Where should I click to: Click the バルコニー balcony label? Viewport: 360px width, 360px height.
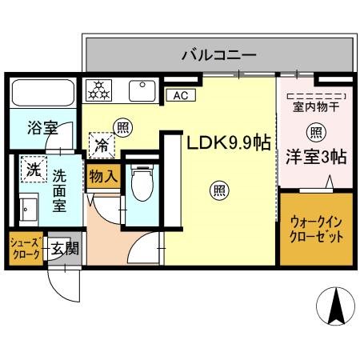click(218, 56)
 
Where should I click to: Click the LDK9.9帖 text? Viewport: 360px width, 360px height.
click(228, 143)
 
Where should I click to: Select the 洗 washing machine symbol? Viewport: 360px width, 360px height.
click(33, 170)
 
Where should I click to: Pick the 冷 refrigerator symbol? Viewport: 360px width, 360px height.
click(102, 146)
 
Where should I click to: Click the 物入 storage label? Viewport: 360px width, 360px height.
click(103, 174)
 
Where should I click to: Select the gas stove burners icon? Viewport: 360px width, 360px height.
click(101, 90)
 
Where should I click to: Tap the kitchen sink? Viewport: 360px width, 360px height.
click(142, 90)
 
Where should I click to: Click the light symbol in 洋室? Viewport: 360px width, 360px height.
click(315, 133)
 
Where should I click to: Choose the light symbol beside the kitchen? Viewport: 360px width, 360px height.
click(122, 126)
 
